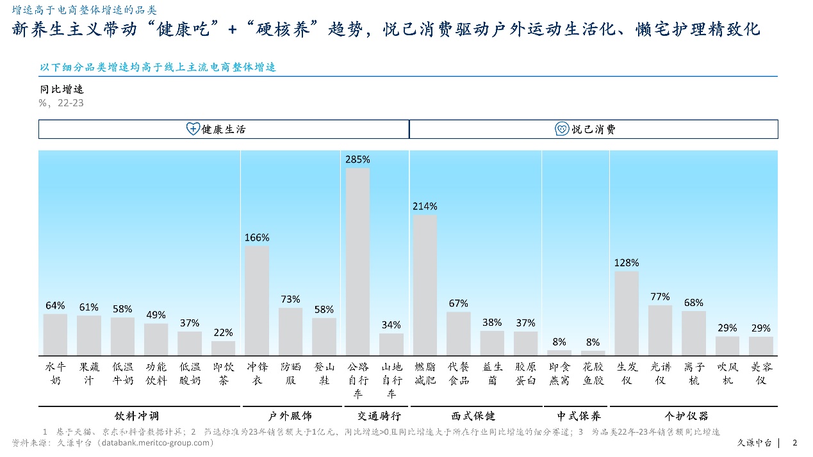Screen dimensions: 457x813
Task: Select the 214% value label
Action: pos(425,206)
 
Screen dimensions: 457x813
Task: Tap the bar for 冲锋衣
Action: pos(257,300)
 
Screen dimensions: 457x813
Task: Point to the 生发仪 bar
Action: pos(626,313)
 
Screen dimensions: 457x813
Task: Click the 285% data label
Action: pos(357,159)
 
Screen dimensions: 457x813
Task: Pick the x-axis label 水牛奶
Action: pos(55,374)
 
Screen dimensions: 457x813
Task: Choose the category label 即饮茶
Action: pos(223,374)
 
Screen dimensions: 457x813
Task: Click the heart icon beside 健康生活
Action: pos(193,129)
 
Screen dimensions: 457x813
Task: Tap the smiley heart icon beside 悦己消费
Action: pos(562,129)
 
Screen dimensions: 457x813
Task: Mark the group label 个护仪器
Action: pos(687,416)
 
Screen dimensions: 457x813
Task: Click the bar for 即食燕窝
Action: pos(559,353)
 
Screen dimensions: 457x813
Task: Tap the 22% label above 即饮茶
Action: pos(223,333)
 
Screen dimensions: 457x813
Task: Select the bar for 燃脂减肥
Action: pos(425,285)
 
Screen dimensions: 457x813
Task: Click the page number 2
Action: pos(795,442)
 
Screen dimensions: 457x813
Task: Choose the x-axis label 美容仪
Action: pos(760,374)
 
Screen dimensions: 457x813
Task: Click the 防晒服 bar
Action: pos(290,332)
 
